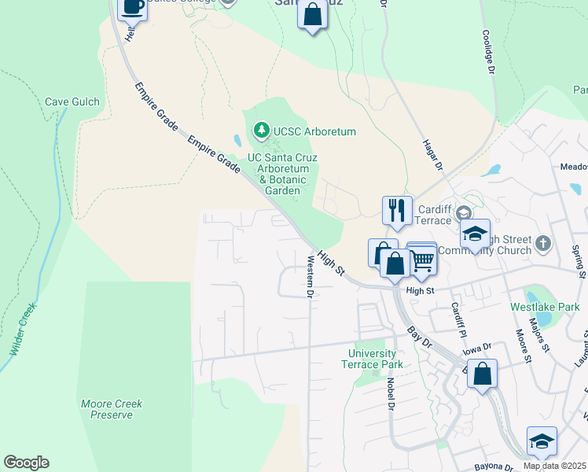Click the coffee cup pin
(x=132, y=8)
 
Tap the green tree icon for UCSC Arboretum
(x=261, y=131)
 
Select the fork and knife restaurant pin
(x=397, y=210)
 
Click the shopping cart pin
(x=423, y=259)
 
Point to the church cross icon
(x=543, y=243)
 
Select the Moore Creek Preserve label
(x=112, y=409)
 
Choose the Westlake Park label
(x=545, y=306)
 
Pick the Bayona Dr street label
(x=492, y=466)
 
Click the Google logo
(x=26, y=463)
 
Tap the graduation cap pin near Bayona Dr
(x=542, y=441)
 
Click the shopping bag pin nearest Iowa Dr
(x=482, y=374)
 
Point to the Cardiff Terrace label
(x=435, y=215)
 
